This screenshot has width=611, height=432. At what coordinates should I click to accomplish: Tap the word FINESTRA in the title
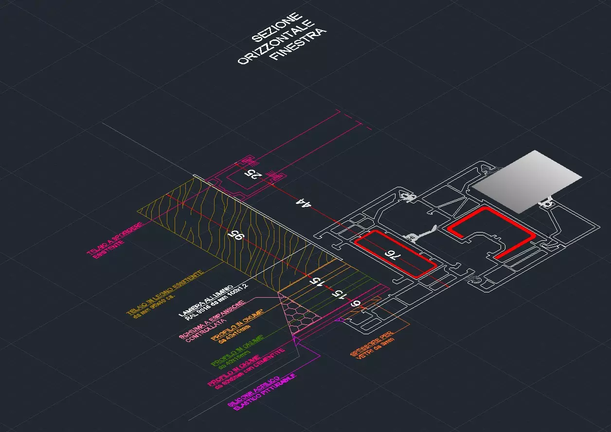coord(298,45)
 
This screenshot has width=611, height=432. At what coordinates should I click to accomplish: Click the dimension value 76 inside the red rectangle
coord(394,256)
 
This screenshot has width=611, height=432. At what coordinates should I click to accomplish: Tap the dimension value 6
coord(356,304)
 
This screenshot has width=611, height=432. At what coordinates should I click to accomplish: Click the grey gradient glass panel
coord(527,181)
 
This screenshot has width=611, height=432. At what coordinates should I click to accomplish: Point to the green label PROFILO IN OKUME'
coord(237,351)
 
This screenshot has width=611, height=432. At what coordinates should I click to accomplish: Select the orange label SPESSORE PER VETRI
coord(372,348)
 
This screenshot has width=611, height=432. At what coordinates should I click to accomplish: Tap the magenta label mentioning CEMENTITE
coord(246,370)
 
